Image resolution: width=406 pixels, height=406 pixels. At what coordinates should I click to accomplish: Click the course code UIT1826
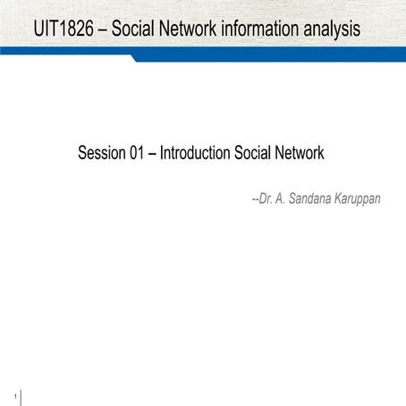pyautogui.click(x=63, y=29)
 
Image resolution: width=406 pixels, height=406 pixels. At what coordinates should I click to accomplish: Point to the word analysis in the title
pyautogui.click(x=332, y=29)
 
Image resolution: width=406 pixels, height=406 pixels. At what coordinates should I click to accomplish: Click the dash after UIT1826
pyautogui.click(x=102, y=30)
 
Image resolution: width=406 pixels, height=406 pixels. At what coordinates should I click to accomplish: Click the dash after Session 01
pyautogui.click(x=154, y=154)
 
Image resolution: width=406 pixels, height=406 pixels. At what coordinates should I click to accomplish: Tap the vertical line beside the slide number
pyautogui.click(x=21, y=396)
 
